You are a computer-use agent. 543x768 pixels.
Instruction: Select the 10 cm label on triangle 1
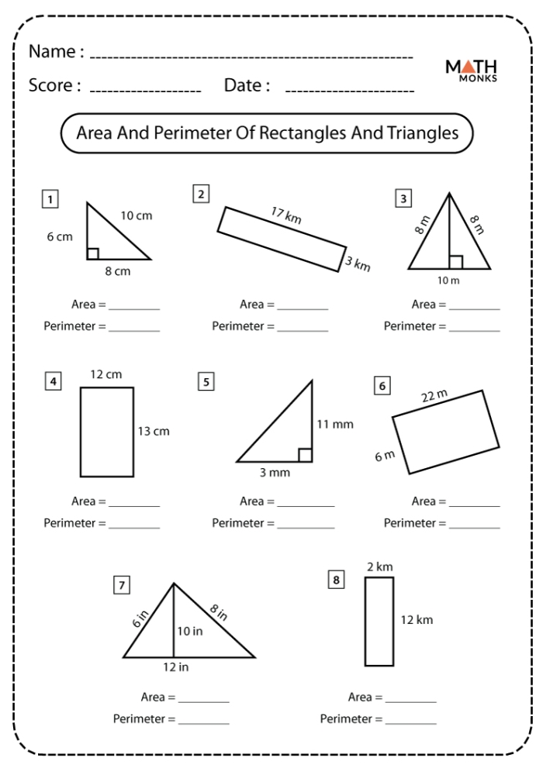(138, 216)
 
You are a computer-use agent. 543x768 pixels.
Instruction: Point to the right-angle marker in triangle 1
(92, 253)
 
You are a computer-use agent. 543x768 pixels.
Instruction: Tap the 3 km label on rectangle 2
(358, 263)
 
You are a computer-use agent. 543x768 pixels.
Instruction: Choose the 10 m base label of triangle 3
(448, 281)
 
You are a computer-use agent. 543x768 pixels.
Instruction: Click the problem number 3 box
(403, 200)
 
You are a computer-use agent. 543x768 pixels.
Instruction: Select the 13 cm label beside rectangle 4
(154, 431)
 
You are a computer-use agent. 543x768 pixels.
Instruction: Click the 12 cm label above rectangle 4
(106, 375)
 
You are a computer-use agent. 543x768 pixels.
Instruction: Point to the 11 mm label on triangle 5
(335, 425)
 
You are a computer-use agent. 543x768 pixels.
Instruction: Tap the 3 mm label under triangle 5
(274, 473)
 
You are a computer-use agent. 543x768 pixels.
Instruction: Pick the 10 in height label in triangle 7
(189, 632)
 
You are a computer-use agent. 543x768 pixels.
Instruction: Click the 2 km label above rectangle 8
(379, 567)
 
